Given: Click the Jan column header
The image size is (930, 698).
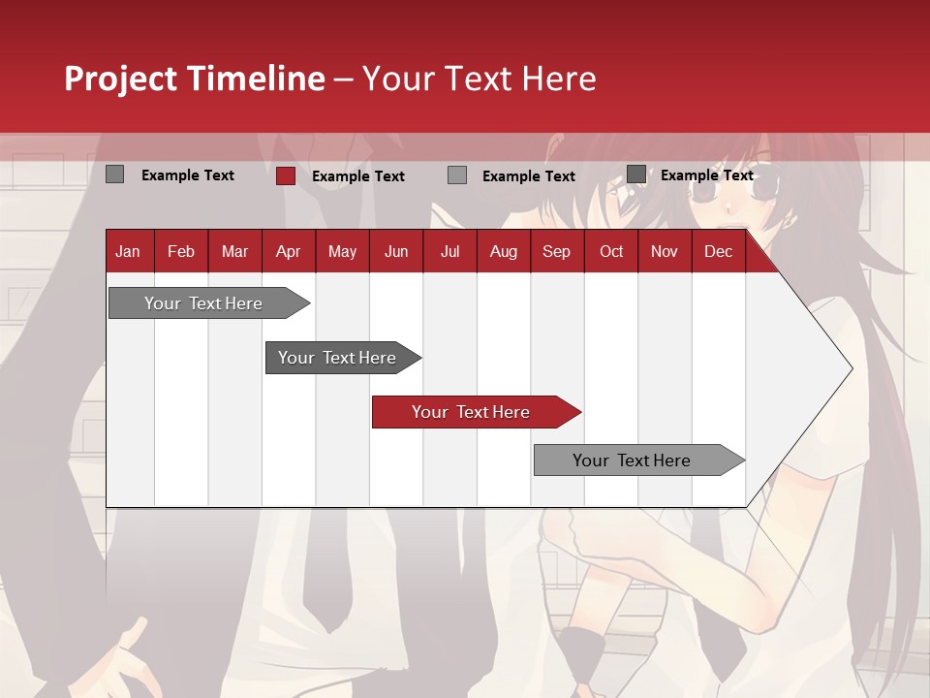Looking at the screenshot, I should pos(128,251).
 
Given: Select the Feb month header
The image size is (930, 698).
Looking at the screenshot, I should pos(181,251).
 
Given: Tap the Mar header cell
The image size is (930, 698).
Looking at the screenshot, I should pos(234,251).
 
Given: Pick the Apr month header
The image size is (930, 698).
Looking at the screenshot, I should pos(288,251).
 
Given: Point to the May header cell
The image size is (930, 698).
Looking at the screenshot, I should pos(342,251).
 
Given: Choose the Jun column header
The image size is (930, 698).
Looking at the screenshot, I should pos(396,251).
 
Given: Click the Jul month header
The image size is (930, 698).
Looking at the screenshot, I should pos(449,251).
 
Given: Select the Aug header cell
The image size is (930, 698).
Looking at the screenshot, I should pos(503,251).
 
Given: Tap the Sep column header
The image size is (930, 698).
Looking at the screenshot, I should pos(556,251).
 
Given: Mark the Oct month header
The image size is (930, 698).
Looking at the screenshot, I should pos(611,251).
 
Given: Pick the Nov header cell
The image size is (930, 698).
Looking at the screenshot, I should pos(665,251).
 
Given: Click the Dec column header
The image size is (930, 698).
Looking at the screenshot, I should pos(718,251).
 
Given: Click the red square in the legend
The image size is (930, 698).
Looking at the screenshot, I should pos(286,175).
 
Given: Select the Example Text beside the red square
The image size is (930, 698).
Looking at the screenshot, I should pos(357,176).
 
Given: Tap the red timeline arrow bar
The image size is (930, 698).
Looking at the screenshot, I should pos(471,412).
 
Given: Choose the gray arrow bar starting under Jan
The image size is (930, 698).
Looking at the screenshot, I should pos(203,303).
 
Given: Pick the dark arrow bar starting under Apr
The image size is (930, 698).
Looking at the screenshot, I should pos(337,358).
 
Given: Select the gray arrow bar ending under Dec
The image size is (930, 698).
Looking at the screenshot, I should pos(632,460).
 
